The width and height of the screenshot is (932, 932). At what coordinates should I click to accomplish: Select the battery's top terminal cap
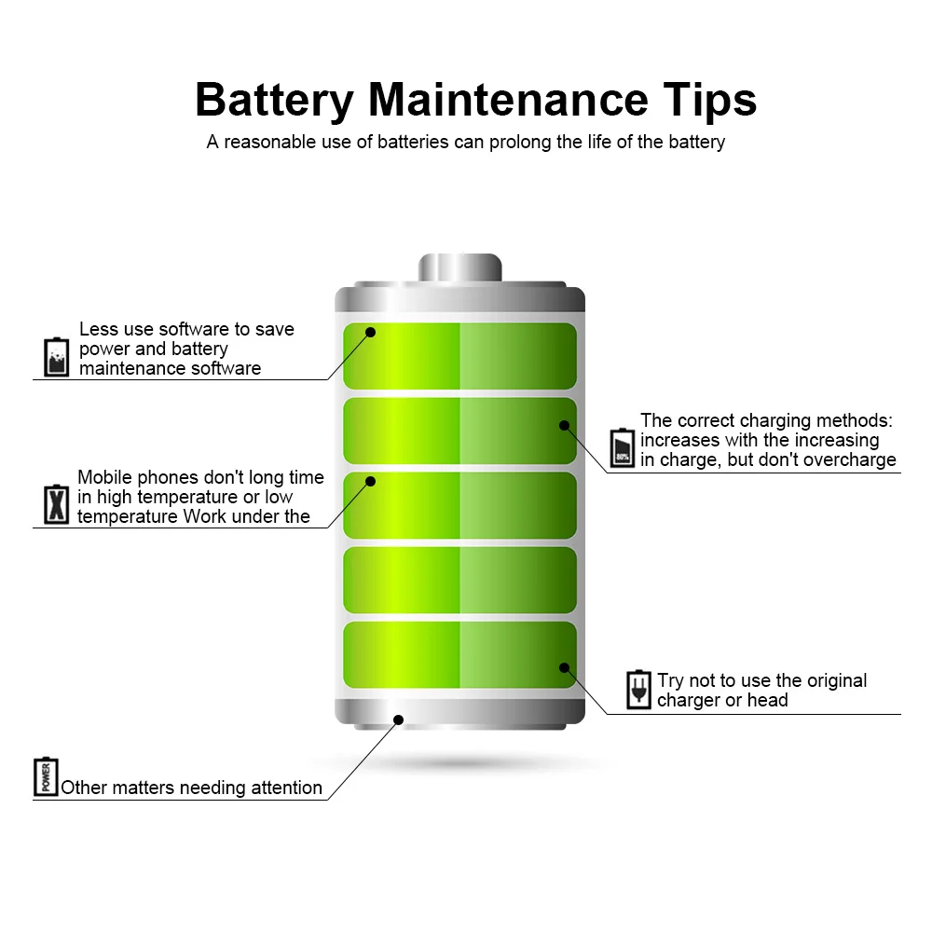(x=459, y=267)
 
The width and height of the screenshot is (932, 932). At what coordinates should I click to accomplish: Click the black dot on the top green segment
(x=370, y=331)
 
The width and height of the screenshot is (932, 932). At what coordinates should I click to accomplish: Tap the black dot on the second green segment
(x=564, y=425)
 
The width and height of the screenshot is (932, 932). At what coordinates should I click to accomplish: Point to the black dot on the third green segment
(x=370, y=481)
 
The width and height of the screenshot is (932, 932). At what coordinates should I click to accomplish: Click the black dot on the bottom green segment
(x=564, y=667)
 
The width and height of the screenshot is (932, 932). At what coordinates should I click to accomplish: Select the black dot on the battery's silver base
(x=398, y=719)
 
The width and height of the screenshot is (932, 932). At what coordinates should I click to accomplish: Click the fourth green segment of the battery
(x=459, y=580)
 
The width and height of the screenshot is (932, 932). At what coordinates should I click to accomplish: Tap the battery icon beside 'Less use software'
(x=57, y=357)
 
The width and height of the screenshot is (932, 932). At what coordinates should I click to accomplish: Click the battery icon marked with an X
(x=57, y=503)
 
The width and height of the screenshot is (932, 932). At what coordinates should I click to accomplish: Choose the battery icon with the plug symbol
(x=638, y=690)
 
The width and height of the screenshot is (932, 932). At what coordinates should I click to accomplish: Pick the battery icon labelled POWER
(x=46, y=776)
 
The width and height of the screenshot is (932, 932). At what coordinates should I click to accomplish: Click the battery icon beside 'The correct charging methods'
(x=623, y=447)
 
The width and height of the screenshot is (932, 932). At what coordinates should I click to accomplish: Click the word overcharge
(x=853, y=459)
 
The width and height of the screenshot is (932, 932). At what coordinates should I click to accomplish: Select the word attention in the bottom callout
(x=279, y=788)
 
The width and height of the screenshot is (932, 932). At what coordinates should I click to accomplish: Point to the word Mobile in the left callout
(x=103, y=477)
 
